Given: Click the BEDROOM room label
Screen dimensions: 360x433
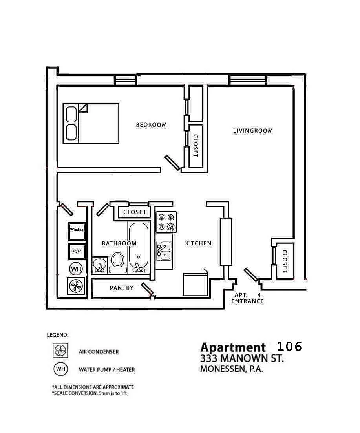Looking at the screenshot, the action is [151, 125].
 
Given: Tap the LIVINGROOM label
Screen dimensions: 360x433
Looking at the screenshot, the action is [253, 131].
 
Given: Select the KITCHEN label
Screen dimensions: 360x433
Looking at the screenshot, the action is [198, 243].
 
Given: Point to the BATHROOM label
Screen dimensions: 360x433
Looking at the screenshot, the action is [119, 243].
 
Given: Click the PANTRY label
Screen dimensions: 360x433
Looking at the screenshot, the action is [121, 288].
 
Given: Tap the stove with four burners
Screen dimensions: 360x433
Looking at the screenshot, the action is [166, 222].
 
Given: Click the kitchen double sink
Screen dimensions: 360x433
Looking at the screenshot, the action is [164, 251].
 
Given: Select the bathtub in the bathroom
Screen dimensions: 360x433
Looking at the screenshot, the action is [138, 247].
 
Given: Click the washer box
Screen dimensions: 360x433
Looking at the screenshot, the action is [77, 231].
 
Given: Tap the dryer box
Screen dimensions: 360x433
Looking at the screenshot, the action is [77, 251].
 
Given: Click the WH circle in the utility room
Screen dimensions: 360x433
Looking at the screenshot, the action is [76, 269].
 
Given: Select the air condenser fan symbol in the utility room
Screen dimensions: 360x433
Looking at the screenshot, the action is [76, 286].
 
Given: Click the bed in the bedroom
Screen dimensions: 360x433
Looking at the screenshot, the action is [91, 123].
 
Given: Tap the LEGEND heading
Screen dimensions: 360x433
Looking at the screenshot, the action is [57, 335].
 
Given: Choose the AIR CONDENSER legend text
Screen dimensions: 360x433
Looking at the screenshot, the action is [99, 352].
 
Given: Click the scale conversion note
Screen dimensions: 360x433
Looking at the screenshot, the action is [90, 393].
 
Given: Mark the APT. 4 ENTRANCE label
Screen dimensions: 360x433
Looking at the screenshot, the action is [247, 298].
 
